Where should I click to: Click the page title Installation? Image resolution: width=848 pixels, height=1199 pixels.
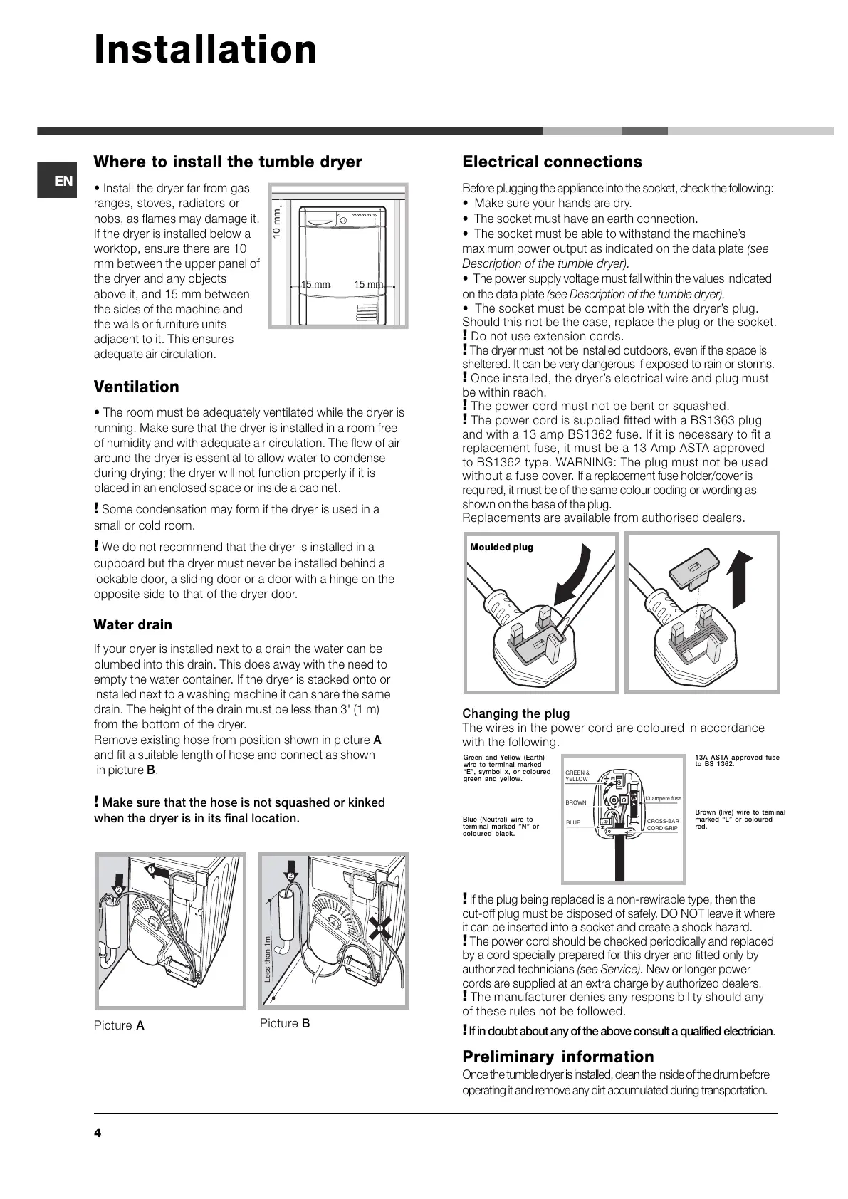tap(206, 50)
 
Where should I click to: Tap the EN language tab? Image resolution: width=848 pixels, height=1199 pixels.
tap(63, 181)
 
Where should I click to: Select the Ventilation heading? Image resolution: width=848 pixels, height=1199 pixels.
tap(137, 387)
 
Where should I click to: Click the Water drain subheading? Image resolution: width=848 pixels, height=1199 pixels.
tap(133, 624)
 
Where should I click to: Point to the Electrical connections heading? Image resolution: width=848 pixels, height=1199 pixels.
tap(552, 162)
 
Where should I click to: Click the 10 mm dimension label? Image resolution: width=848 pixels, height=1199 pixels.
tap(277, 223)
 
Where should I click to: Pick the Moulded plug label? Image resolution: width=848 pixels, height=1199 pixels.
tap(501, 547)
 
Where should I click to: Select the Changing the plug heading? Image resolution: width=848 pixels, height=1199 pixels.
tap(516, 713)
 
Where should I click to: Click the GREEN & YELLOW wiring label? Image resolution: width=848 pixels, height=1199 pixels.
tap(577, 775)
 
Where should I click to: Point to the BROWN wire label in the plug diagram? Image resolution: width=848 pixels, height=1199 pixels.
tap(576, 802)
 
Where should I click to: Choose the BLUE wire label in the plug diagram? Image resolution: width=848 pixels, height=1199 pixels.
tap(573, 822)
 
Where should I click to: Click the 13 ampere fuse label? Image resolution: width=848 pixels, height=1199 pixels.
tap(662, 798)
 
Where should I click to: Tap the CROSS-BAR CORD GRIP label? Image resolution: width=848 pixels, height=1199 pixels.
tap(662, 824)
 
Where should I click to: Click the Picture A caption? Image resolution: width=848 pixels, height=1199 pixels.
tap(119, 1025)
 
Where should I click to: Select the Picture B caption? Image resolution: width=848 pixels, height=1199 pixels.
tap(285, 1023)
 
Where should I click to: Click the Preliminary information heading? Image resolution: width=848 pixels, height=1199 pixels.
tap(558, 1057)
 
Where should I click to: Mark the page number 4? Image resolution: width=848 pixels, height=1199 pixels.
tap(98, 1133)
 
